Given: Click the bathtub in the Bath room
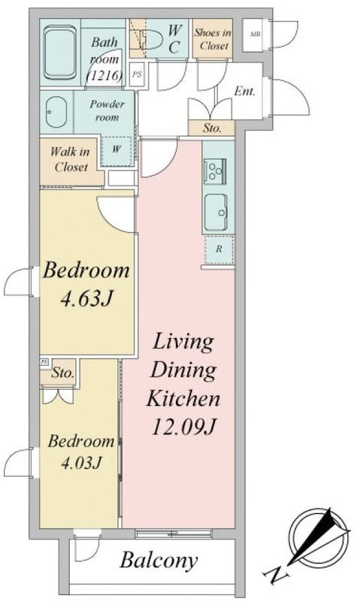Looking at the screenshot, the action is click(x=60, y=53).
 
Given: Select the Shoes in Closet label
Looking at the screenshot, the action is click(x=213, y=39).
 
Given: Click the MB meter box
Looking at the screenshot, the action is click(x=255, y=35).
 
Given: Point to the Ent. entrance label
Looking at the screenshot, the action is click(x=244, y=91).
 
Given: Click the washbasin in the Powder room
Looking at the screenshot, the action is click(x=56, y=111).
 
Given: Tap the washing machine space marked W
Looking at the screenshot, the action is click(x=117, y=149).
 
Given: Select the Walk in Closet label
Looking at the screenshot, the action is click(x=70, y=159).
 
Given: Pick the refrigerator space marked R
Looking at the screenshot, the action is click(x=219, y=249).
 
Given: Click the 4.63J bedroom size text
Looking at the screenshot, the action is click(x=86, y=298).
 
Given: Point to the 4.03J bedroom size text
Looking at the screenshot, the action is click(x=80, y=463).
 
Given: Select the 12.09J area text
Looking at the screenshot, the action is click(x=184, y=427).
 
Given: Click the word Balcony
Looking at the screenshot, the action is click(x=159, y=560).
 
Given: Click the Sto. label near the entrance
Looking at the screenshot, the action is click(x=212, y=128).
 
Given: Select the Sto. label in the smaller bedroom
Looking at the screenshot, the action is click(x=63, y=373).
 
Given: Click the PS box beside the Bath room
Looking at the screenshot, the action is click(x=137, y=74).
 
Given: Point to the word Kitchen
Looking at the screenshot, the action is click(x=183, y=399).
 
